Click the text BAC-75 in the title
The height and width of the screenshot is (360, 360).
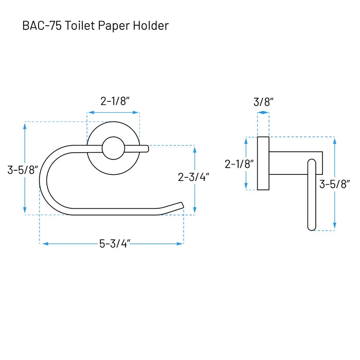(x=42, y=26)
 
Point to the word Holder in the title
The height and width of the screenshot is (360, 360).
(x=151, y=26)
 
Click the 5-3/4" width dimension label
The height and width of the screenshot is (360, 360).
(x=115, y=243)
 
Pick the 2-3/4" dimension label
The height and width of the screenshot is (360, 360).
(x=193, y=177)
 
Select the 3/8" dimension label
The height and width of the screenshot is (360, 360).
(x=263, y=102)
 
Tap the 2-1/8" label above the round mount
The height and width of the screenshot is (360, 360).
(x=115, y=101)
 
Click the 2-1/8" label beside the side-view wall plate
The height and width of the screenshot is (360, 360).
(x=239, y=164)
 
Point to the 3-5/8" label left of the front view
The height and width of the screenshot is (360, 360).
(x=23, y=170)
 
